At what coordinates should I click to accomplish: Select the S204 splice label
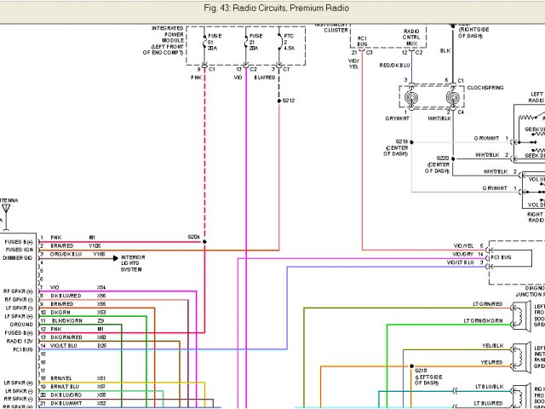coord(194,236)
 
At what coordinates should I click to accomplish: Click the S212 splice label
coord(289,101)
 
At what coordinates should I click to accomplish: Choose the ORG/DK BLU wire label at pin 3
coord(66,254)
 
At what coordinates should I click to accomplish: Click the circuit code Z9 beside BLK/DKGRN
coord(101,320)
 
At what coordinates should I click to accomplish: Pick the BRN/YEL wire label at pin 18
coord(60,377)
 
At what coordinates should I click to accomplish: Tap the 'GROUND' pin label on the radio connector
coord(22,325)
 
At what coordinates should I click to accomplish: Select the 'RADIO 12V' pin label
coord(20,340)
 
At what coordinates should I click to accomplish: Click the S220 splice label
coord(443,158)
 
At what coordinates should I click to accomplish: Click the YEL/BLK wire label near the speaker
coord(492,347)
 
